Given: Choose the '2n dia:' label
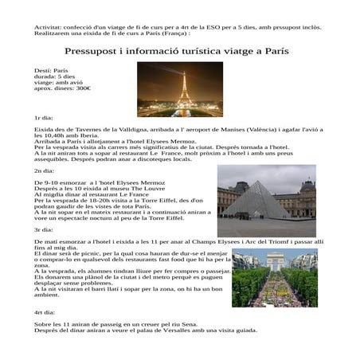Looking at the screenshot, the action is [x=45, y=171].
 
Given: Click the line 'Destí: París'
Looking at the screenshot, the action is [x=54, y=71].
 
